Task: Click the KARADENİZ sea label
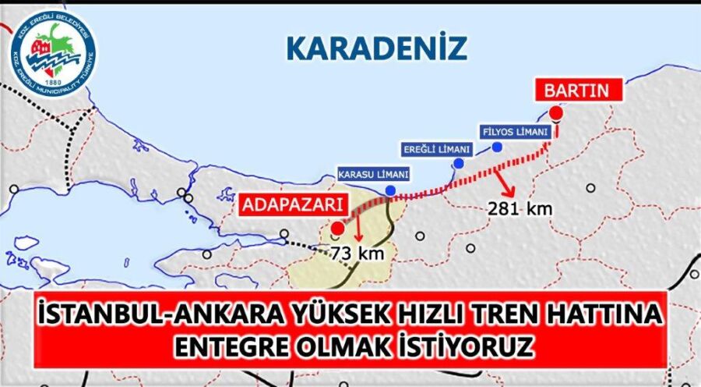click(377, 48)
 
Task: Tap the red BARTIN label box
click(576, 91)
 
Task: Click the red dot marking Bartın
click(555, 113)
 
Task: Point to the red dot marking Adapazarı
click(336, 229)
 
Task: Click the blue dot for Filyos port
click(497, 146)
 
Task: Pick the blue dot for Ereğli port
click(459, 163)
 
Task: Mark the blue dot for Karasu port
click(389, 190)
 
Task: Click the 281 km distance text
click(511, 208)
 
